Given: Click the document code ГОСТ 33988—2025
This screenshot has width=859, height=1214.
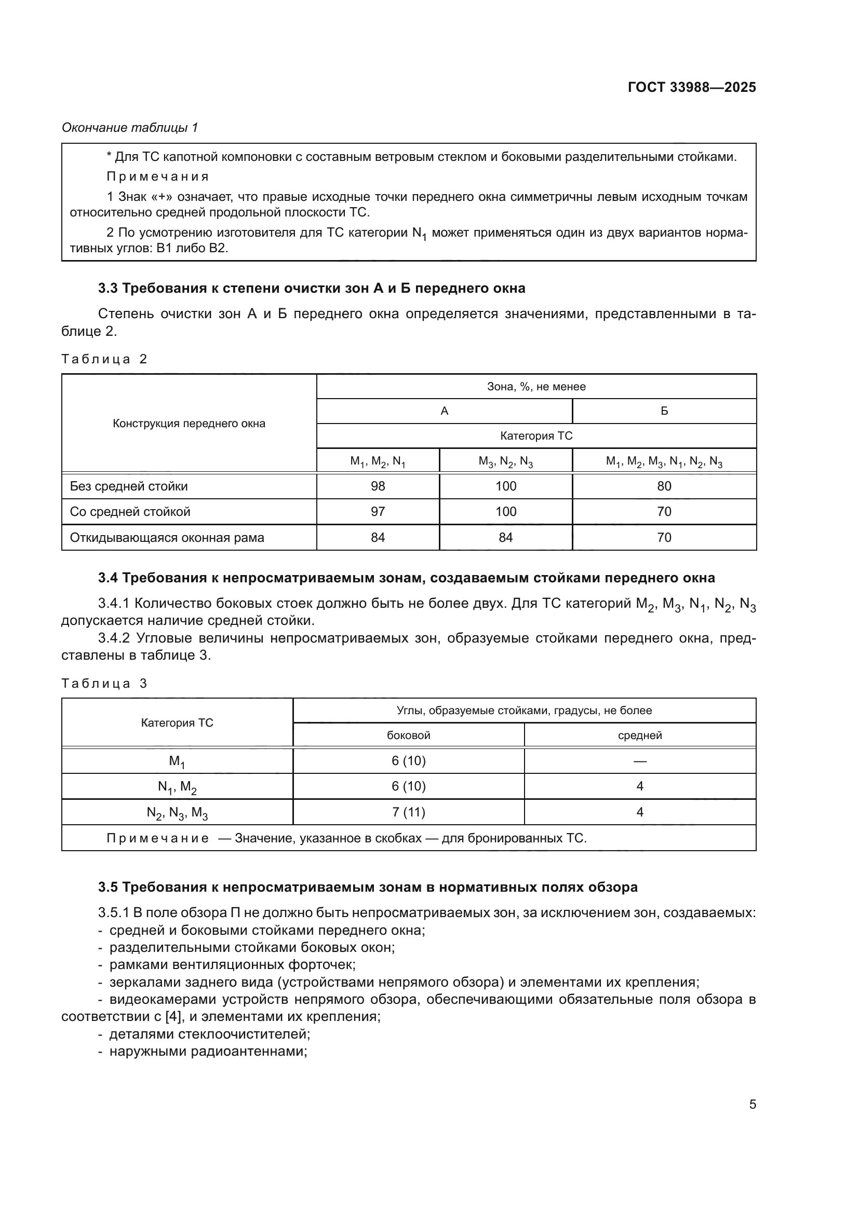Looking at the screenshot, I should point(691,87).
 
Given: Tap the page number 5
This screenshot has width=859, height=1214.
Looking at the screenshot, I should point(752,1104).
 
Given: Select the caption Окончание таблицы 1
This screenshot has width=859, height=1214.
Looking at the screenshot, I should point(130,128).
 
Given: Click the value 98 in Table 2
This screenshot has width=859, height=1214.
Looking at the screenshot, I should point(378,486).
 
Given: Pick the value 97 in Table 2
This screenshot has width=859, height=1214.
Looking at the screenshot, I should point(378,511).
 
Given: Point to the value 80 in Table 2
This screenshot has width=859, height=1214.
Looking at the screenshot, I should point(664,486).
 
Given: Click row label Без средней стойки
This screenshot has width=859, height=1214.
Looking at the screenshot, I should point(128,486).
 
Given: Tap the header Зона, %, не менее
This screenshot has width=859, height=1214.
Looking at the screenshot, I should point(536,387).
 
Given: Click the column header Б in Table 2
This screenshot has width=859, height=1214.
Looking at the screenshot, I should point(664,412).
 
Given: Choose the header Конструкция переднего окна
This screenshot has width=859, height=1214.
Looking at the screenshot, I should point(189,424).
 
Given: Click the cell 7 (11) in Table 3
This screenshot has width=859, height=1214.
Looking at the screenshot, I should point(408,812).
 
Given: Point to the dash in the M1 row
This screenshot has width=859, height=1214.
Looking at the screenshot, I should point(639,761).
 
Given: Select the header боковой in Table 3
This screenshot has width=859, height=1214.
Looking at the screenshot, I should point(408,735).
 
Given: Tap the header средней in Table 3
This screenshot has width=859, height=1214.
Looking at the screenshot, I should point(639,735).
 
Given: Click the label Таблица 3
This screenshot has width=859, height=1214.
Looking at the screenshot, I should point(104,684).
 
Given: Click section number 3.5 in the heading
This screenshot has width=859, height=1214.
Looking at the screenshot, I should point(108,887).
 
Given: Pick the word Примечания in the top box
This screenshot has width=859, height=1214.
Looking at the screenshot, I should point(158,176).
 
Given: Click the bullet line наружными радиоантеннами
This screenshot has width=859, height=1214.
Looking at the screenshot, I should point(208,1051).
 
